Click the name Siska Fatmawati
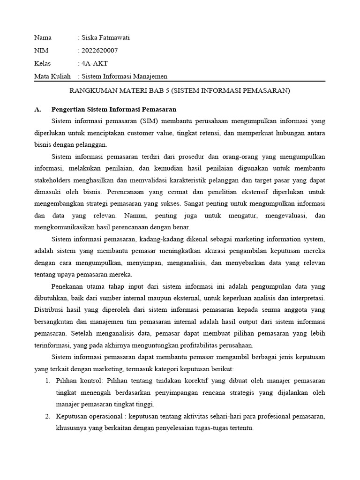point(105,38)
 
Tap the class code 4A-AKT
point(97,63)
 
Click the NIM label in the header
point(41,51)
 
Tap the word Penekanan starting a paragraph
point(67,286)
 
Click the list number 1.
point(48,380)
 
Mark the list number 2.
point(48,416)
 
